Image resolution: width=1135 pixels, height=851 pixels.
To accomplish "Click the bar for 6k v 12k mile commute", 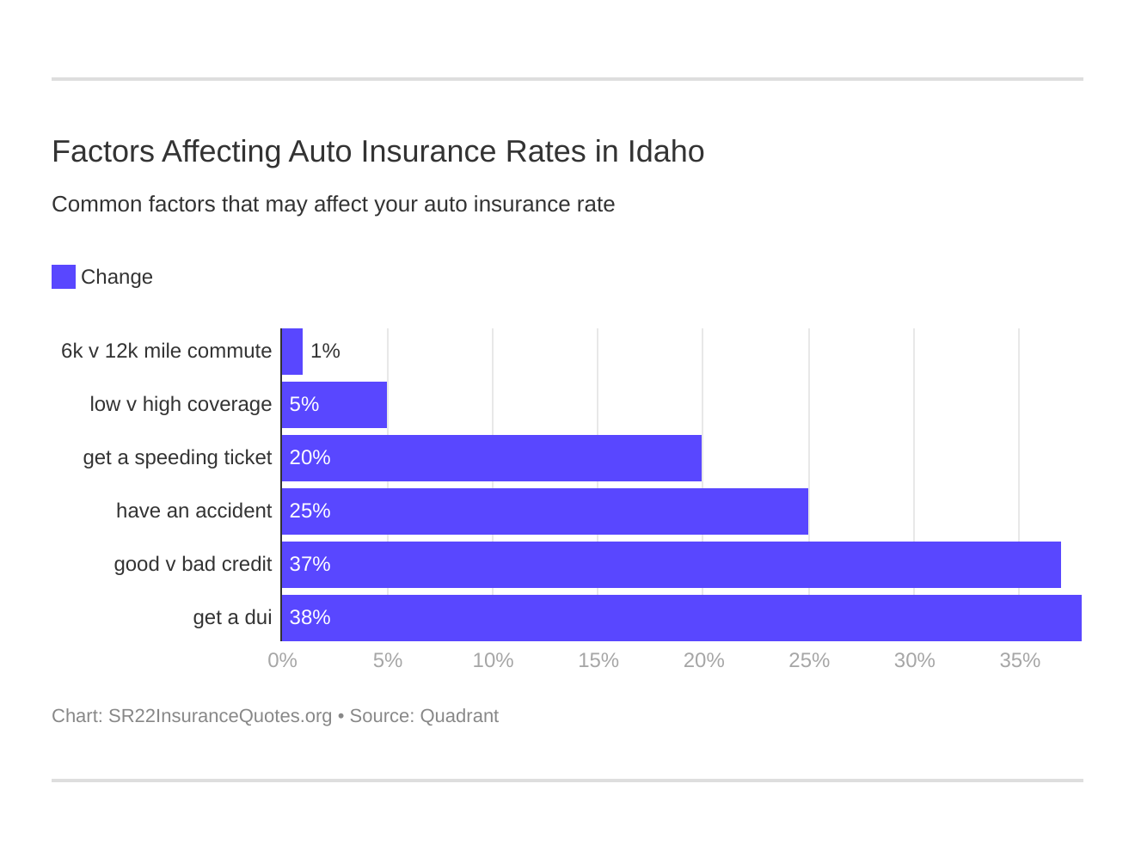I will pyautogui.click(x=292, y=352).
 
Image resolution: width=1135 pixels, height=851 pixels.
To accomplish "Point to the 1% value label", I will pyautogui.click(x=325, y=351).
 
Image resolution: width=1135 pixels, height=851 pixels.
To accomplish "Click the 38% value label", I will pyautogui.click(x=310, y=617).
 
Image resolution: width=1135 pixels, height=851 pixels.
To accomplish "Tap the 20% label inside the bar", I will pyautogui.click(x=310, y=457).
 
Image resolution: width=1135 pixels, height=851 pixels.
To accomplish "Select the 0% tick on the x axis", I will pyautogui.click(x=282, y=660).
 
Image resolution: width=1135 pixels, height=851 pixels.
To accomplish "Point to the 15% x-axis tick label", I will pyautogui.click(x=598, y=660).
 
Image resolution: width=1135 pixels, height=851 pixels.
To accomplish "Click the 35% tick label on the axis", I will pyautogui.click(x=1020, y=660).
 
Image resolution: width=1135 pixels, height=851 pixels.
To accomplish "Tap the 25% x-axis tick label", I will pyautogui.click(x=809, y=660).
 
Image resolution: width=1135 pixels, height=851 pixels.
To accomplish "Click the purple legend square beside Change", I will pyautogui.click(x=64, y=277).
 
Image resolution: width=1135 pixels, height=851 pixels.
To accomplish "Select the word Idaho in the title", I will pyautogui.click(x=666, y=151).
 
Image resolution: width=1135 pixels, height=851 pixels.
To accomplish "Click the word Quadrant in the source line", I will pyautogui.click(x=459, y=716).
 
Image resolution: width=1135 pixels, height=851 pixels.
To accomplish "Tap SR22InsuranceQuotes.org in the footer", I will pyautogui.click(x=219, y=716).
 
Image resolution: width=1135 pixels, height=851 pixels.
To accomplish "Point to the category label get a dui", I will pyautogui.click(x=232, y=617).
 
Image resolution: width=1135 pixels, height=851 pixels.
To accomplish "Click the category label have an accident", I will pyautogui.click(x=193, y=511).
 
